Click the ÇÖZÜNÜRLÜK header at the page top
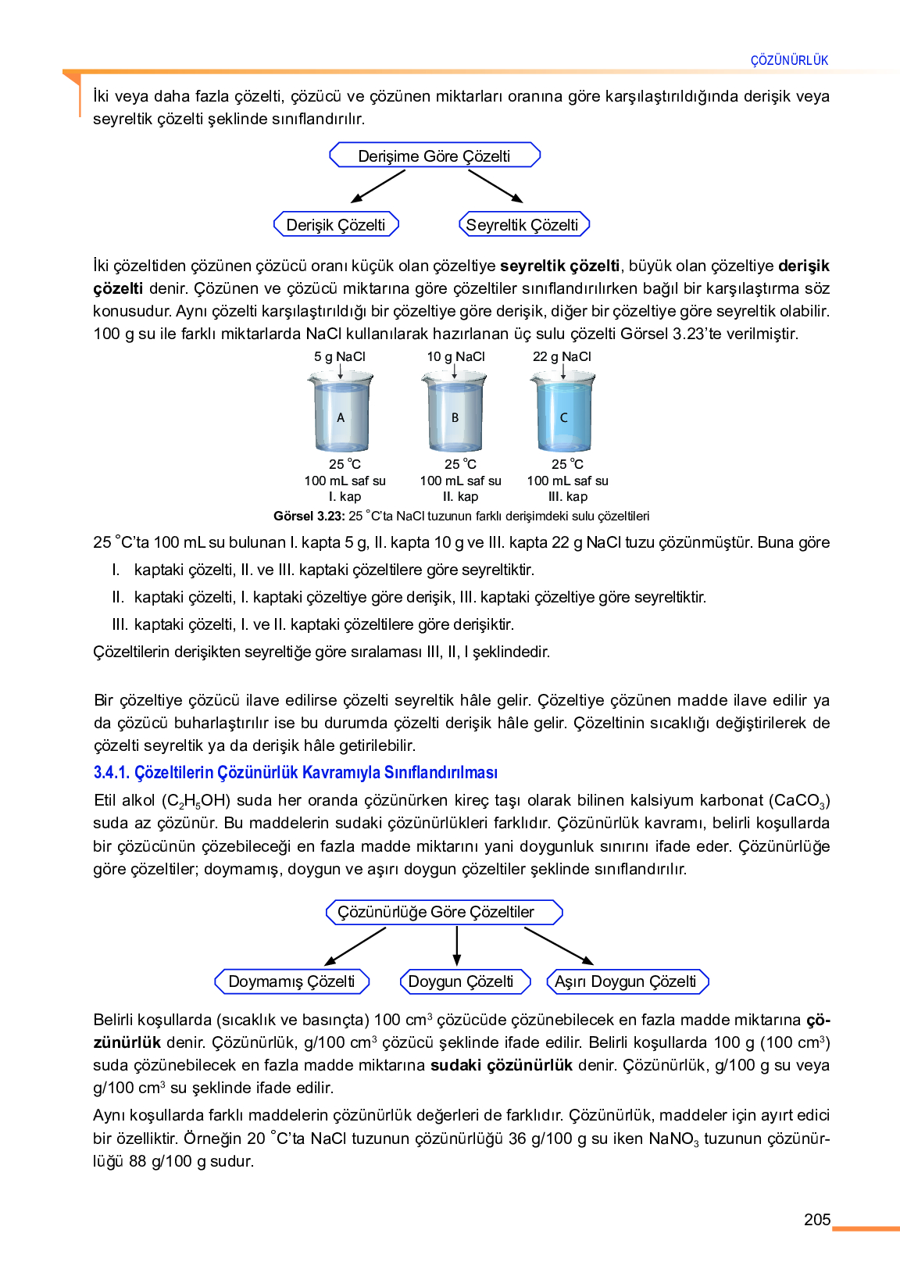pos(789,61)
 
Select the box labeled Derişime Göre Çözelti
pos(434,155)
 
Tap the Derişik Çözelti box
pos(336,224)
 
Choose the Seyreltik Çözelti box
pos(524,224)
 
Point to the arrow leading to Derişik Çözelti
pos(378,187)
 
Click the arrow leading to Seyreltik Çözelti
pos(495,187)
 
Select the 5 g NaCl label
pos(340,356)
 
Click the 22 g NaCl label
pos(562,356)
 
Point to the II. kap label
pos(460,496)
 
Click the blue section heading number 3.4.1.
pos(112,772)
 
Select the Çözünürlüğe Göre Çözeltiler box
pos(445,912)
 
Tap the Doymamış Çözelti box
pos(291,981)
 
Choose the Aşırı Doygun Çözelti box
pos(627,981)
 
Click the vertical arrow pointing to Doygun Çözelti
pos(456,946)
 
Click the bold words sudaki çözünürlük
pos(502,1065)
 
